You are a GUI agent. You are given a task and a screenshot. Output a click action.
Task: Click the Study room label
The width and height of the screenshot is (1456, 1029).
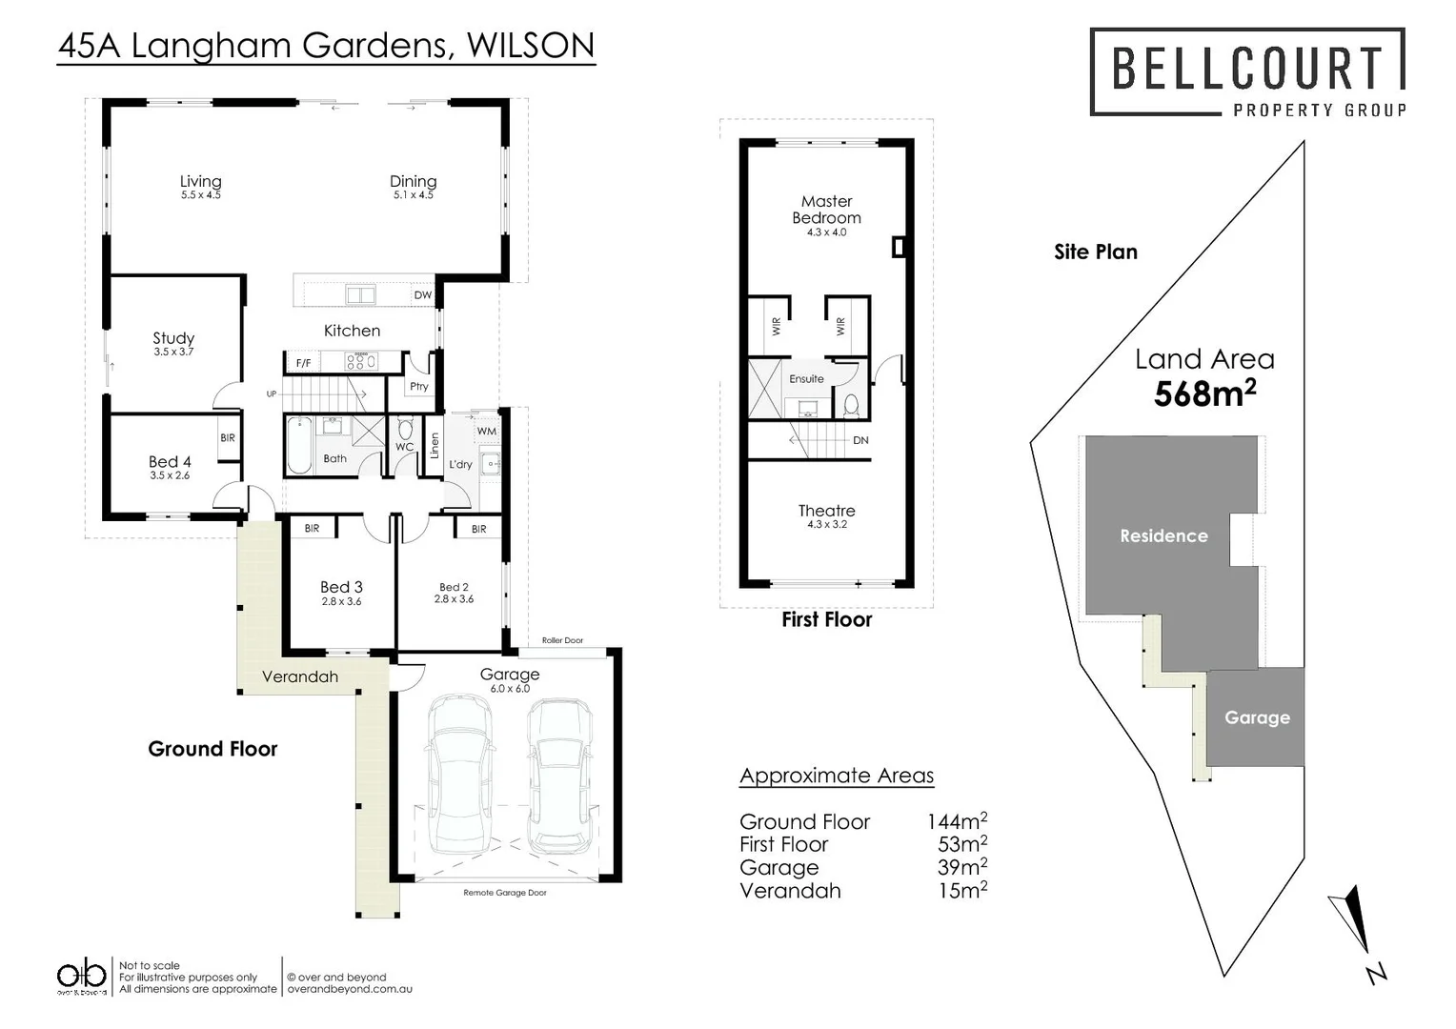[173, 338]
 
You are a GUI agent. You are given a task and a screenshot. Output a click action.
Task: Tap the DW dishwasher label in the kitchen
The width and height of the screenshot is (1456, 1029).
[422, 295]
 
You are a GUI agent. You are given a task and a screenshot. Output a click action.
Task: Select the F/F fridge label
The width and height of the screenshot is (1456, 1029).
[303, 364]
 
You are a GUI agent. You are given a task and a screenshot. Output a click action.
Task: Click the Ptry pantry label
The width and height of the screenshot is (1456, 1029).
[419, 387]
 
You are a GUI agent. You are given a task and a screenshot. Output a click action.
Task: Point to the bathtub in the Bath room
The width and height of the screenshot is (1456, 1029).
[299, 446]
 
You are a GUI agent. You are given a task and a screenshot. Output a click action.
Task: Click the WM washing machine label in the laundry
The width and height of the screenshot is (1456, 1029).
[486, 432]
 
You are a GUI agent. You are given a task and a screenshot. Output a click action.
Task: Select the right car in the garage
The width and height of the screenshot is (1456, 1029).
[558, 776]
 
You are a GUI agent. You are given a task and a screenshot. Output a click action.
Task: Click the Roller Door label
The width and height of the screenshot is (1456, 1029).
[562, 640]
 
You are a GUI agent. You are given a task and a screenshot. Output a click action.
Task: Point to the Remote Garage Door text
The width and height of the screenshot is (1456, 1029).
[505, 894]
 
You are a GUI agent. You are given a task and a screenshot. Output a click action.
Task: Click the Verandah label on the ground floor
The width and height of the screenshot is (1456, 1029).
[300, 677]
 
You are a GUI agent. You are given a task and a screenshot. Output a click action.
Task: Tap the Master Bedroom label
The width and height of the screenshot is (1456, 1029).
[826, 210]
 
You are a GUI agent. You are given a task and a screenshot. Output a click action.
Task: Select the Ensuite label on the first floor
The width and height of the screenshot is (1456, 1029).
[806, 379]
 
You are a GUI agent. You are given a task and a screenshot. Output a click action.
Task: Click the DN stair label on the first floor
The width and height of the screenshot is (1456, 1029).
[860, 441]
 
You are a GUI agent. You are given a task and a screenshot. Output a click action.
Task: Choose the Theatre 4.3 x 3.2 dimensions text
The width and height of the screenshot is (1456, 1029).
[826, 525]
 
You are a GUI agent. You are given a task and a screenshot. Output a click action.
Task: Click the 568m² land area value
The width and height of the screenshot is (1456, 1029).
[1204, 393]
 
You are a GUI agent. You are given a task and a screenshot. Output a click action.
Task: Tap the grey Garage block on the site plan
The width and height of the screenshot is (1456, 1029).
[1256, 717]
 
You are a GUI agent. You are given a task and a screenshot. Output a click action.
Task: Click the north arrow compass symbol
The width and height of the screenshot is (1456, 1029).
[1352, 919]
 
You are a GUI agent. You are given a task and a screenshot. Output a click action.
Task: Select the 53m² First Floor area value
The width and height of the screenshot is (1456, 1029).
[961, 845]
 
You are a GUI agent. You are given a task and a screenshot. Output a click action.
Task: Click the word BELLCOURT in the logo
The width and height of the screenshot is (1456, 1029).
[1246, 69]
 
